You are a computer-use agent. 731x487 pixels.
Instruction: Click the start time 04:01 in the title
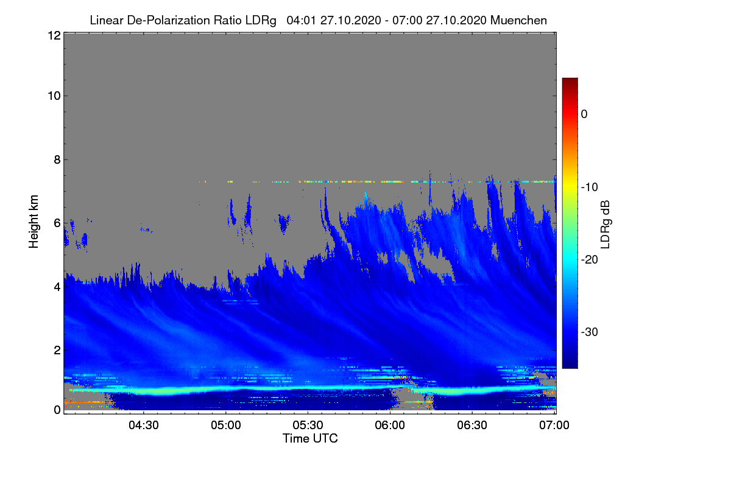tap(300, 20)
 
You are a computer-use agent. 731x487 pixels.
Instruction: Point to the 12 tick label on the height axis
tap(53, 35)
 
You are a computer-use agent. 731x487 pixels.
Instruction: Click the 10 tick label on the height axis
tap(53, 96)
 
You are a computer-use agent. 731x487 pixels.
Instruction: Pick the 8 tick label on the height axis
tap(57, 159)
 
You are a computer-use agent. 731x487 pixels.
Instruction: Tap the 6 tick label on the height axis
tap(57, 223)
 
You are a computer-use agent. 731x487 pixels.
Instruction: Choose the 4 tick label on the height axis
tap(57, 286)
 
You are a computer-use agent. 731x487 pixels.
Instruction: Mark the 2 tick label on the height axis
tap(57, 350)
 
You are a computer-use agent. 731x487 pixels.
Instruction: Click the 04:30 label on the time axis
tap(144, 426)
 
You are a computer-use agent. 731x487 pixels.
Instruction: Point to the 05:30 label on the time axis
tap(308, 426)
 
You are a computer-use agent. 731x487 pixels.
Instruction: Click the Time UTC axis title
tap(310, 438)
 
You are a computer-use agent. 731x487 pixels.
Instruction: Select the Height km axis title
tap(34, 222)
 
